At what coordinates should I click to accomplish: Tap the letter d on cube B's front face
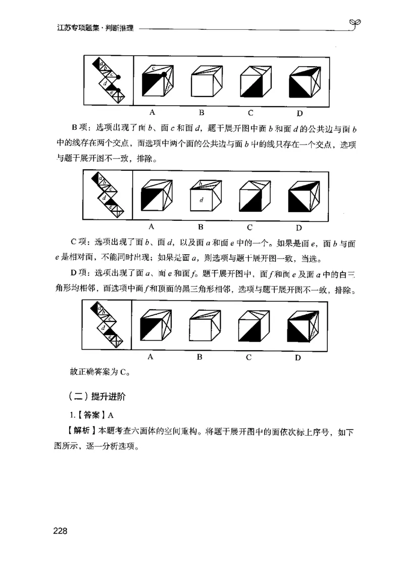pos(201,201)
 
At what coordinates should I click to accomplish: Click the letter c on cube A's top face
pos(154,67)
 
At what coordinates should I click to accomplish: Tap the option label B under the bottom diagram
pos(199,357)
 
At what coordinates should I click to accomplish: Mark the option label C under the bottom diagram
pos(249,357)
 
